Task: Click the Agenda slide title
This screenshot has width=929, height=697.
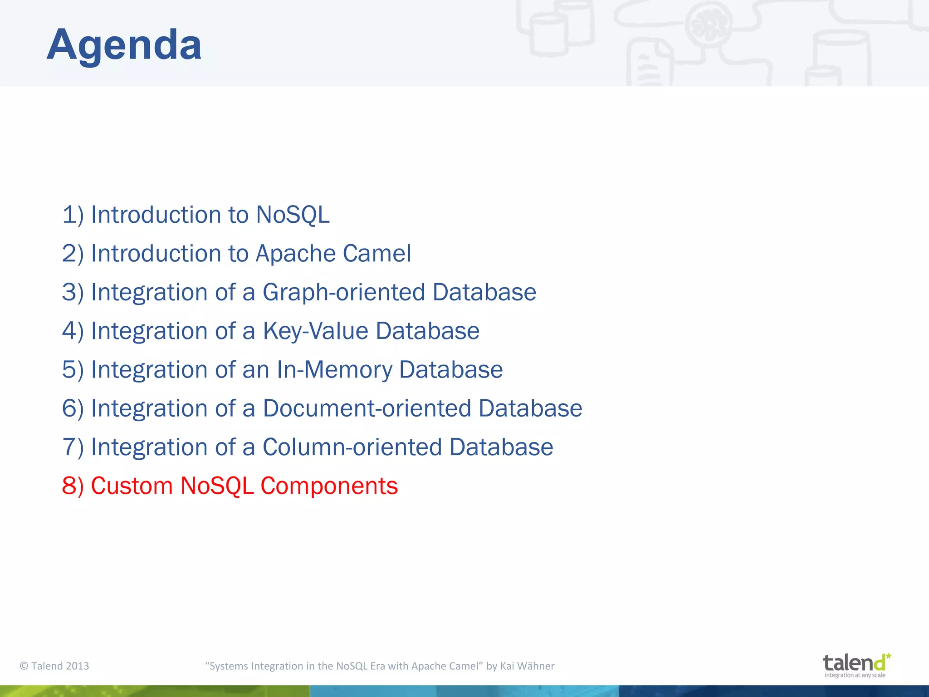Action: tap(124, 45)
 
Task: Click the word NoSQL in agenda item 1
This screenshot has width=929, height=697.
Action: tap(293, 215)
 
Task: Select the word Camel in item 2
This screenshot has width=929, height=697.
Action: tap(377, 253)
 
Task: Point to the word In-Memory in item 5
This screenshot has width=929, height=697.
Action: tap(334, 369)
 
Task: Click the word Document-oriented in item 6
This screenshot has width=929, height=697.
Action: tap(367, 408)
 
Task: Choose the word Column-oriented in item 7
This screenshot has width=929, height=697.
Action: tap(352, 447)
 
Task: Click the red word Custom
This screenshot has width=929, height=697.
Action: tap(132, 486)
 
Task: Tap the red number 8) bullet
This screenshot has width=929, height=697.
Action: tap(73, 486)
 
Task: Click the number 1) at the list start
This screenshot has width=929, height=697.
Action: tap(73, 215)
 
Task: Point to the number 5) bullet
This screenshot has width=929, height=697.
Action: tap(73, 369)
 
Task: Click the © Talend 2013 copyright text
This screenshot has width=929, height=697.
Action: tap(54, 666)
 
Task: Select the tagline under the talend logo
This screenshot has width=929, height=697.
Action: tap(855, 675)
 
